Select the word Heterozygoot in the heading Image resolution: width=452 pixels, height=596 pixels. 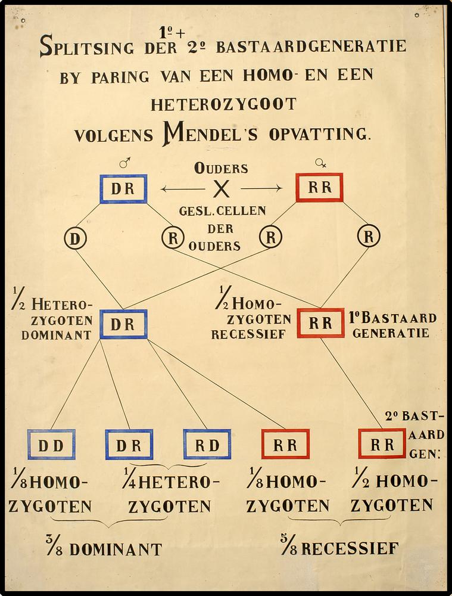[x=223, y=104]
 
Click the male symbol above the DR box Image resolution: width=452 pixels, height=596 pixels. [x=124, y=163]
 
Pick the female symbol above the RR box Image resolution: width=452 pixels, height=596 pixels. [x=320, y=163]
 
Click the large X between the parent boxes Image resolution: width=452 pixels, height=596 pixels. [x=222, y=190]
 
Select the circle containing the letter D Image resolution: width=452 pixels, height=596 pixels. [x=76, y=238]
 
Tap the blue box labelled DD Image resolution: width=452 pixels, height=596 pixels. [x=51, y=445]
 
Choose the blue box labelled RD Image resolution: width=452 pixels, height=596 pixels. [x=207, y=445]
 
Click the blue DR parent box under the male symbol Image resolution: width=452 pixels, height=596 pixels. [x=123, y=189]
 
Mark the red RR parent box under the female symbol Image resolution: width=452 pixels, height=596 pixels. [x=320, y=188]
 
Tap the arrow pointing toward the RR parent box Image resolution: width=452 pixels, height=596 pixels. [x=262, y=189]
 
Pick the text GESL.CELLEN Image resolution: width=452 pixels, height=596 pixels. [x=223, y=211]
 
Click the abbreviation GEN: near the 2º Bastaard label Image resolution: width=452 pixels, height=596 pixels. [x=425, y=453]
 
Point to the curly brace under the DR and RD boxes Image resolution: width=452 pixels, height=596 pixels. [x=168, y=465]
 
